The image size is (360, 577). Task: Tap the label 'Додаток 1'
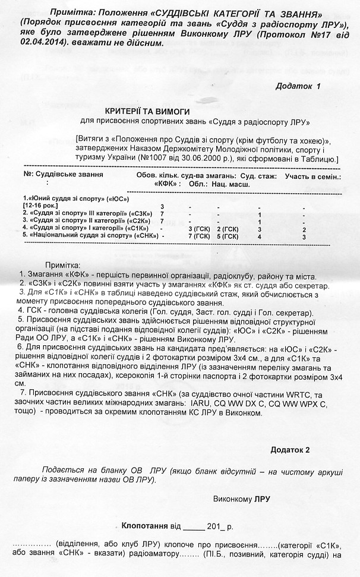[298, 86]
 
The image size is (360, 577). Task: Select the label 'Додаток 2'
[290, 449]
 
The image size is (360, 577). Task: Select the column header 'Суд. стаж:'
[260, 176]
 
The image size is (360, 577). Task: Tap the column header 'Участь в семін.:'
[312, 176]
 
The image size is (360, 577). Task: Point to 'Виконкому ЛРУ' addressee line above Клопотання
[241, 499]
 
